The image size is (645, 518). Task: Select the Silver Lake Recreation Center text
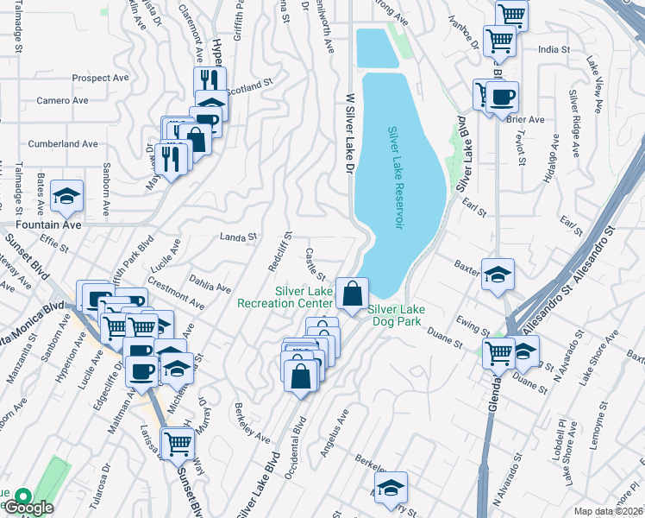click(304, 297)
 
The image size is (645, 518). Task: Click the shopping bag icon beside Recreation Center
click(352, 294)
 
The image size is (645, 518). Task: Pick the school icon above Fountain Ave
click(66, 197)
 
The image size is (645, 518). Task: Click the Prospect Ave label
click(101, 78)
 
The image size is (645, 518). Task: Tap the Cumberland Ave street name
click(64, 143)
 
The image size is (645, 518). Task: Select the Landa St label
click(239, 237)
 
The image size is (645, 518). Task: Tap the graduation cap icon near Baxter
click(498, 275)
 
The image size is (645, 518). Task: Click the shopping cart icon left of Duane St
click(498, 352)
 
